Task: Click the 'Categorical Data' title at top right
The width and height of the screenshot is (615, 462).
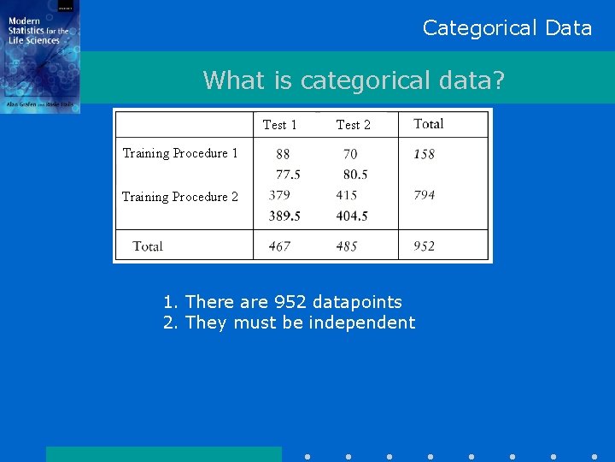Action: coord(507,28)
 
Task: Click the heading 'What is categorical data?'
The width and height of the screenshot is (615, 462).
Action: coord(354,80)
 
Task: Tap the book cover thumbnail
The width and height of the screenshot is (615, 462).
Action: coord(40,56)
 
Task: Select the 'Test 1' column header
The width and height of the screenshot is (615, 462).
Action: coord(280,125)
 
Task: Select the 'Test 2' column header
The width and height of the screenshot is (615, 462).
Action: coord(353,125)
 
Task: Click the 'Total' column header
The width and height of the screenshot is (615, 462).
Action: coord(428,124)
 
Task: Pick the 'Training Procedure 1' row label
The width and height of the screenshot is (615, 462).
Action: coord(180,153)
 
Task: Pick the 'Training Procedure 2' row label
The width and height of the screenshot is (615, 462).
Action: coord(180,197)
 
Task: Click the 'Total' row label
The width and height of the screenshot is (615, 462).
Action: coord(148,246)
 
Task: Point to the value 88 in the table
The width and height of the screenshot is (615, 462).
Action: coord(283,154)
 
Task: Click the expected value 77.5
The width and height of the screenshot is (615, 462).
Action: coord(288,175)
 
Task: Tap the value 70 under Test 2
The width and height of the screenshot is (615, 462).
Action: coord(350,154)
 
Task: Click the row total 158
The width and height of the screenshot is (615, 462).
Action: coord(424,154)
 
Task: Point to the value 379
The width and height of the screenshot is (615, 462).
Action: coord(279,195)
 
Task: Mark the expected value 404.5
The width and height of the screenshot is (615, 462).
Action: coord(352,216)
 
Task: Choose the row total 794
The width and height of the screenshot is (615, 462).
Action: coord(424,195)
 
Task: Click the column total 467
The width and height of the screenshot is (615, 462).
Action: coord(279,246)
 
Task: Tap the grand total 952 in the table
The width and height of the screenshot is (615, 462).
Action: coord(424,246)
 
